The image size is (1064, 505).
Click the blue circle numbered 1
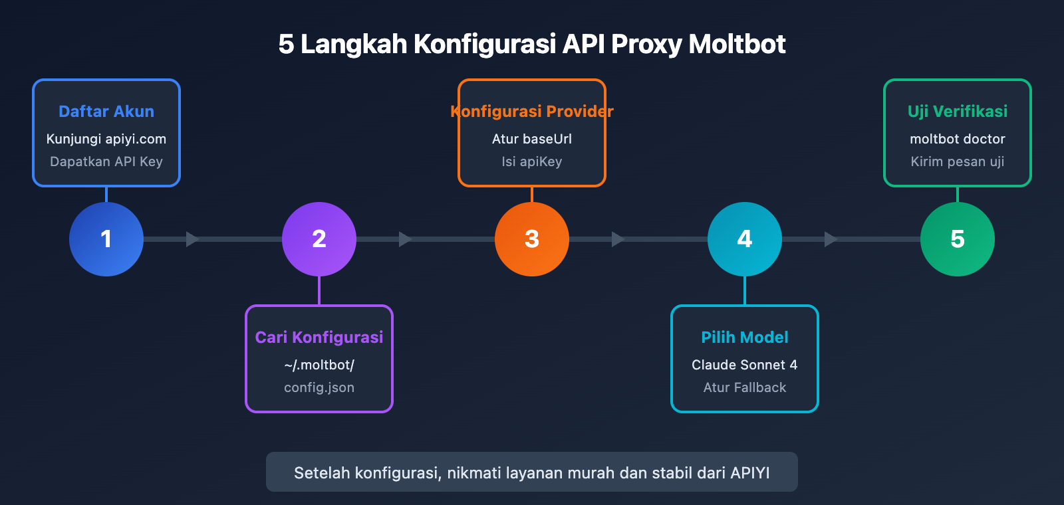point(106,239)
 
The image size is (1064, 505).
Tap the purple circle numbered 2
point(319,239)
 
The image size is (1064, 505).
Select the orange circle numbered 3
point(532,239)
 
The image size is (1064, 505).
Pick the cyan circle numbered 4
point(745,239)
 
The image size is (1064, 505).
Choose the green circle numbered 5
point(958,239)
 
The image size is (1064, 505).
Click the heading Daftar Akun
point(106,112)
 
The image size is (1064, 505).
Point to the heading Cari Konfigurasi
point(319,338)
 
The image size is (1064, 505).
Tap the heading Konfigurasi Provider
point(532,112)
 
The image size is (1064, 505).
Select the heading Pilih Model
point(745,338)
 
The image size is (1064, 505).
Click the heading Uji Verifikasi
point(958,112)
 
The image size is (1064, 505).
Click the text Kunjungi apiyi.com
point(106,139)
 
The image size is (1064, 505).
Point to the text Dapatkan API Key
point(106,161)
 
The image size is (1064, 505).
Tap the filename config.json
point(319,387)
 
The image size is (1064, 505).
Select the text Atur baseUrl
point(532,139)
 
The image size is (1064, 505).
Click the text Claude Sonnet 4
point(745,365)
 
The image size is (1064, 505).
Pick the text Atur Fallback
point(745,387)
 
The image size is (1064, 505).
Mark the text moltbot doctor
point(958,139)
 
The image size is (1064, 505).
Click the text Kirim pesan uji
point(958,161)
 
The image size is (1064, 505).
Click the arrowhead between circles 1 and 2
point(192,239)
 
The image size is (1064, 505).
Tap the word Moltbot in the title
point(737,45)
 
